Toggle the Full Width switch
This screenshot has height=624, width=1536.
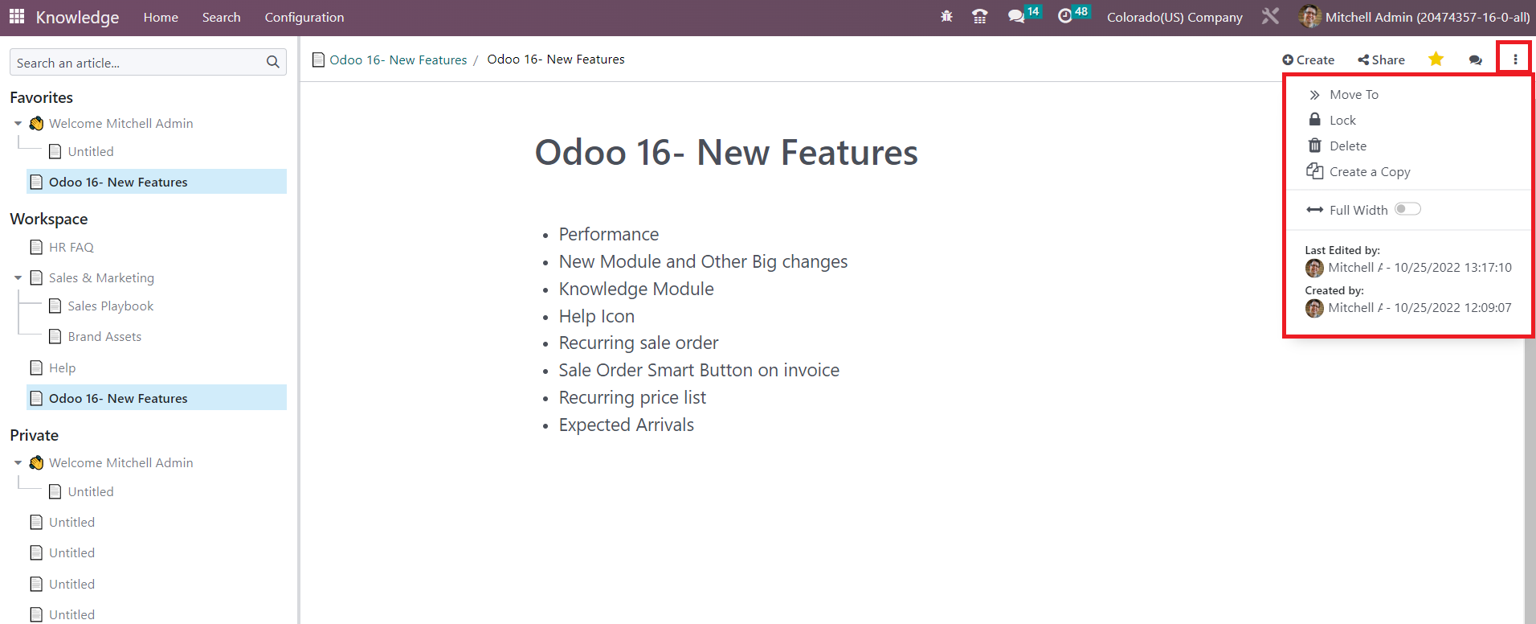1407,210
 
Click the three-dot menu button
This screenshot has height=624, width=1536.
1515,60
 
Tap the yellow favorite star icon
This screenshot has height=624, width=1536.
1436,59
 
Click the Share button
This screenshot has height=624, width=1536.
1381,60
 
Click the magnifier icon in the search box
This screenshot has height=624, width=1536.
273,62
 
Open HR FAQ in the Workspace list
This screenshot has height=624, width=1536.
71,248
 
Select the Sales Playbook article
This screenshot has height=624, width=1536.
110,306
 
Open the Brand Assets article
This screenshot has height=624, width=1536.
104,337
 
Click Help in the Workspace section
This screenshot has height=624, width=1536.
62,368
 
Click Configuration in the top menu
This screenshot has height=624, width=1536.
304,18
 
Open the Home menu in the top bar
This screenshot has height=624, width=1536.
161,18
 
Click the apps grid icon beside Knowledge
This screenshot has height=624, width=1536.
17,17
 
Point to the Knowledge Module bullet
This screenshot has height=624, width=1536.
636,289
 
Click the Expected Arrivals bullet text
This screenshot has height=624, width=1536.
627,425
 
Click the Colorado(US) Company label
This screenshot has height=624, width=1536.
1174,18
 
